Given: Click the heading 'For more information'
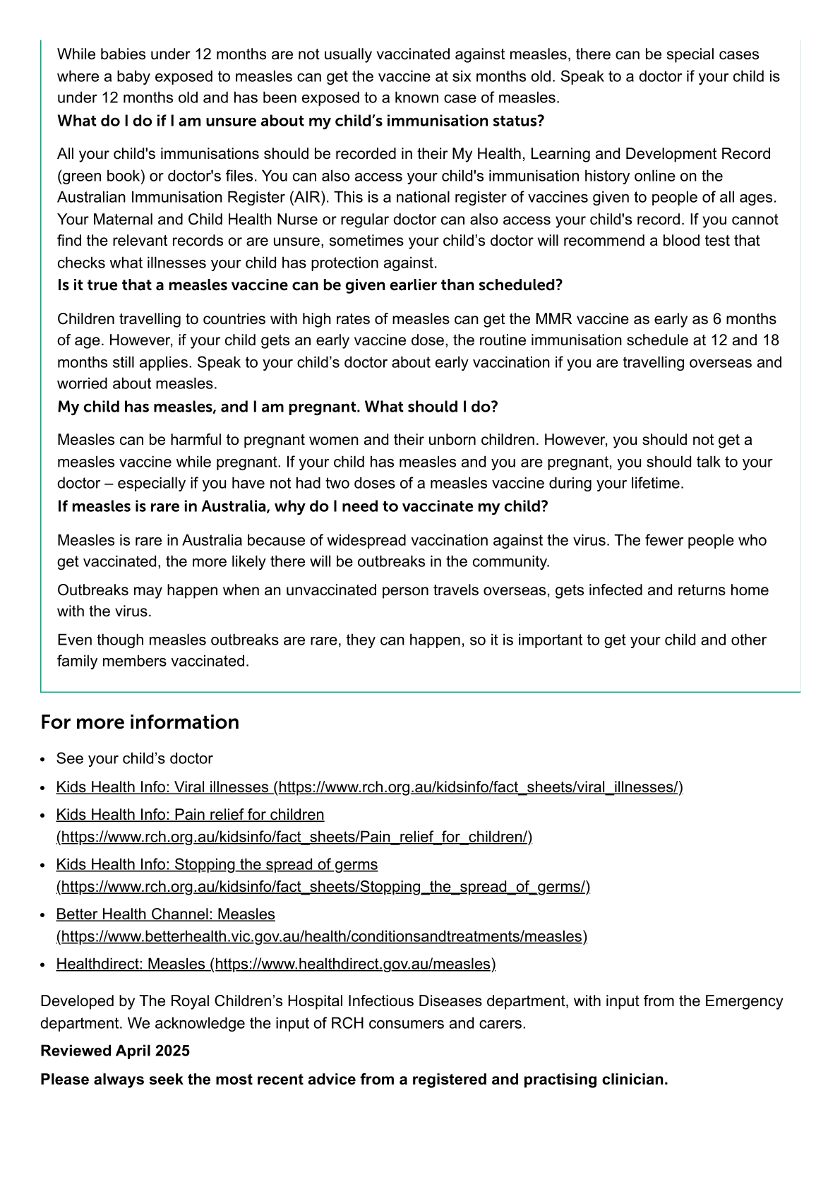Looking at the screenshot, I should (x=140, y=722).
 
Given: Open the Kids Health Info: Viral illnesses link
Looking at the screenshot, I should (x=369, y=787).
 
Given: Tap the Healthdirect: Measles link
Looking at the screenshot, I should (x=275, y=964).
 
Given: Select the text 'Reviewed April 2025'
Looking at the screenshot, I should (x=115, y=1051).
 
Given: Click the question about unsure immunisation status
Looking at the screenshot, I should (x=301, y=121).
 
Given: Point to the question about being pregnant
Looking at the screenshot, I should (x=277, y=407).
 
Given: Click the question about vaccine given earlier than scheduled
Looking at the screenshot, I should (x=310, y=285).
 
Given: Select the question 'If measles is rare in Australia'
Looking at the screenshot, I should (x=303, y=507).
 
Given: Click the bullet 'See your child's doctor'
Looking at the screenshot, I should (x=134, y=759).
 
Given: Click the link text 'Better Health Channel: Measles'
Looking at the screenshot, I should (x=165, y=914).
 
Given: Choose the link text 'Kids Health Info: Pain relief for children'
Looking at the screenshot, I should (x=190, y=815).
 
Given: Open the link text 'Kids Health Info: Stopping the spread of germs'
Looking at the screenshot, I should (x=217, y=865).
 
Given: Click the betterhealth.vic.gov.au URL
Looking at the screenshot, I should (x=321, y=937).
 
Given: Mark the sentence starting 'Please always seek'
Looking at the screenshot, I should (x=354, y=1080).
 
